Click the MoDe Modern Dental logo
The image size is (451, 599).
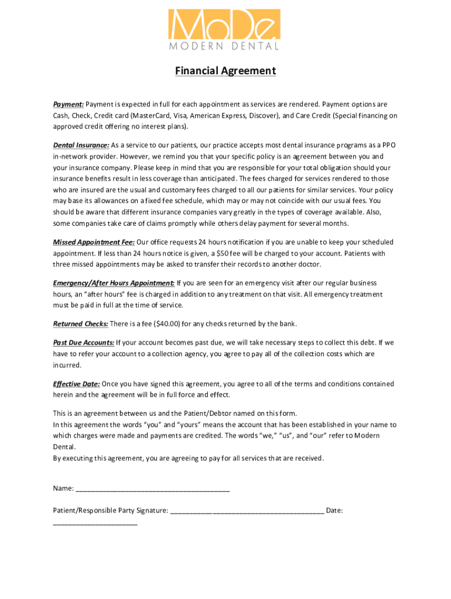(225, 30)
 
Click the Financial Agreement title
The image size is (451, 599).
(225, 71)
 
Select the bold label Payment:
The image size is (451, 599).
(69, 104)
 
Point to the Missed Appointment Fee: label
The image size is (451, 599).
(94, 242)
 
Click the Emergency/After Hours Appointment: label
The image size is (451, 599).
(114, 283)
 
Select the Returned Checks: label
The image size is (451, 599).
(81, 324)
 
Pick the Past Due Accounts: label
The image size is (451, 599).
(84, 343)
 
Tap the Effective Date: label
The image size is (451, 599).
(76, 384)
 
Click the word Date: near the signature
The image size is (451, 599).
(334, 511)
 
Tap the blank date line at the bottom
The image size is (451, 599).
(95, 522)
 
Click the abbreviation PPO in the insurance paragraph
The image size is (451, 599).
(389, 145)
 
